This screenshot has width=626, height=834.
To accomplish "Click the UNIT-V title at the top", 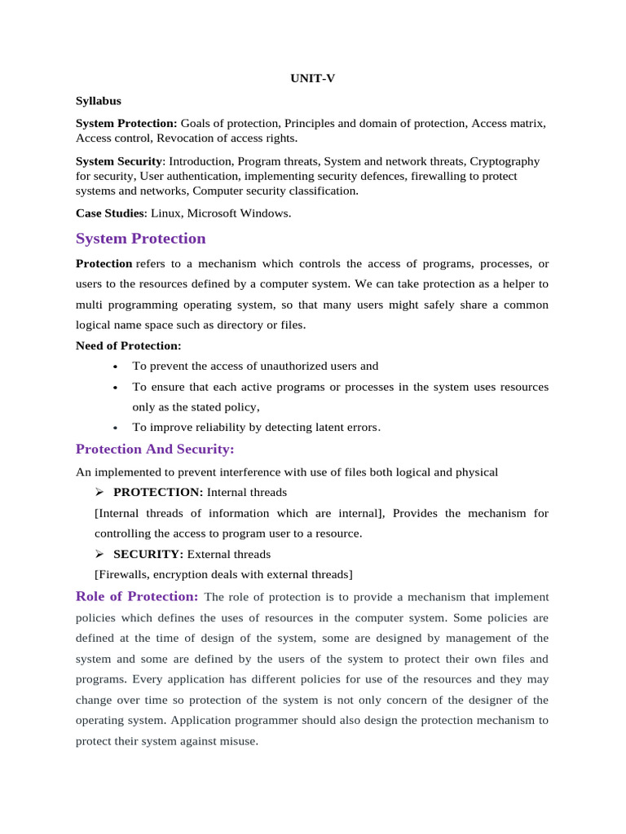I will tap(312, 78).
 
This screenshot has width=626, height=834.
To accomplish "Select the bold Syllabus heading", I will tap(99, 101).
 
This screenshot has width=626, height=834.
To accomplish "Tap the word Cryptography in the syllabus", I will tap(505, 161).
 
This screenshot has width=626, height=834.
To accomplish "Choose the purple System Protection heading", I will tap(141, 239).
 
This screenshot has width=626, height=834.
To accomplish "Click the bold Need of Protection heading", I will tap(129, 345).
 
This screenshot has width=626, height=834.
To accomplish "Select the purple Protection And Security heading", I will tap(155, 450).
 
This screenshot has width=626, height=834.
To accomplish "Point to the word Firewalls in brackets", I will tap(123, 575).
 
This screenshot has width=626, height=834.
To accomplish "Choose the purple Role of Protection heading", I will tap(137, 596).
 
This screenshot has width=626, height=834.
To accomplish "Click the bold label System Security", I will tap(119, 161).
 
